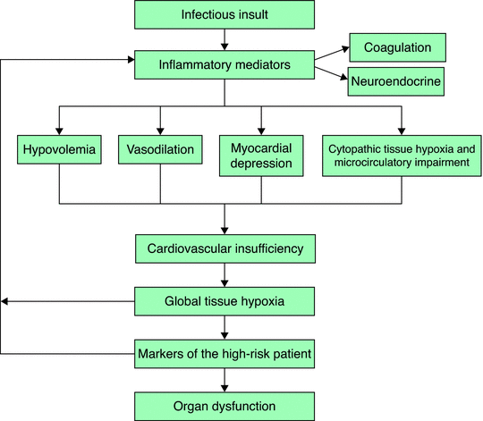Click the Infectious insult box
coord(225,14)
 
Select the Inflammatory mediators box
coord(225,65)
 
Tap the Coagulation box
coord(398,47)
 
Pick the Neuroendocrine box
coord(396,81)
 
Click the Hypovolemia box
coord(59,149)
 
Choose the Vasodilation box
coord(160,149)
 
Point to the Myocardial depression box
coord(261,156)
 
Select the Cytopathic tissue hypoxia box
coord(402,156)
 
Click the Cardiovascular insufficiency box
coord(225,248)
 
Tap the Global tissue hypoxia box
coord(225,301)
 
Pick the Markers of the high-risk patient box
coord(225,354)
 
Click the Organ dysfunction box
coord(225,407)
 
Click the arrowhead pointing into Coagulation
coord(346,49)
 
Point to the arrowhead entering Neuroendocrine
coord(344,77)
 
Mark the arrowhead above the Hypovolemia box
coord(59,131)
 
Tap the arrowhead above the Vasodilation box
coord(160,131)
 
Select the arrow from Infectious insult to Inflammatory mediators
coord(225,39)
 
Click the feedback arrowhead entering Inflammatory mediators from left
coord(131,59)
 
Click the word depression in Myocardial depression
coord(261,163)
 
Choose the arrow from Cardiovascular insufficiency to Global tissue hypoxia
coord(225,275)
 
